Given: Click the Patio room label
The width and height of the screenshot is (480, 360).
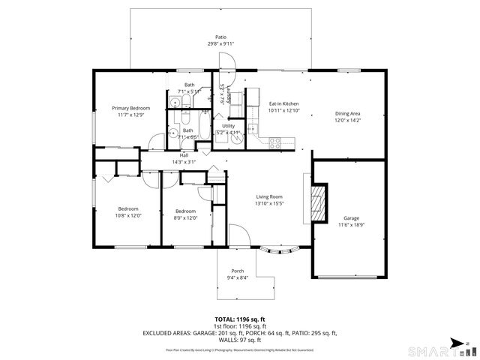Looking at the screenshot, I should pos(220,37).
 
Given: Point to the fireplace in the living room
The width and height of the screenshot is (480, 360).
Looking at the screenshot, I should pos(320,203).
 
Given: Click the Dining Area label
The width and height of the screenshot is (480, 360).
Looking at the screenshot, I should pos(348,114).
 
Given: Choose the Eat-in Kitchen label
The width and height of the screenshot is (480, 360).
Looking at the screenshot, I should pos(284,103).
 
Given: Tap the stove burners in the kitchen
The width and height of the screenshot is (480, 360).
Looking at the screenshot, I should pos(275,141).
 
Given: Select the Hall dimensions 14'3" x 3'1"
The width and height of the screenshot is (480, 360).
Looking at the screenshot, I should pos(184,162).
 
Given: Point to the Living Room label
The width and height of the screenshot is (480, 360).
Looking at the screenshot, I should pos(269,196).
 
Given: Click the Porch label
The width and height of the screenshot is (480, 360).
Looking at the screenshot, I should pos(237,271).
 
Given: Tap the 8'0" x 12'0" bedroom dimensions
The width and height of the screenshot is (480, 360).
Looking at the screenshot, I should pos(185,218).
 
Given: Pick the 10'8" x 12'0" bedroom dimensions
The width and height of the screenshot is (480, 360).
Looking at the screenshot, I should pos(129,216).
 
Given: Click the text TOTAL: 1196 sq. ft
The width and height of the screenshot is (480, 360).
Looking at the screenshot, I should pos(239,319).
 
